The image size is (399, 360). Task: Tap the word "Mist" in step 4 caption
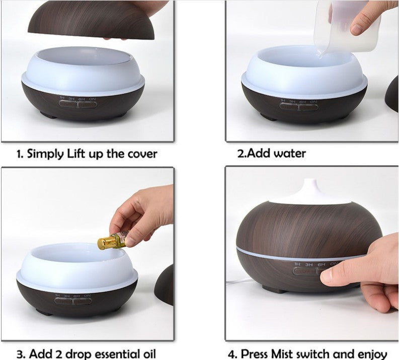[x=294, y=353]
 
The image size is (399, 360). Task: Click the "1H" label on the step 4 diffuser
[x=298, y=264]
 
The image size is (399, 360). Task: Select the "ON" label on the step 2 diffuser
[x=313, y=101]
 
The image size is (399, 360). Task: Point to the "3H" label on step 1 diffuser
[x=71, y=98]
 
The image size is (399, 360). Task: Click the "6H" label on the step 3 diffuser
[x=77, y=296]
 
